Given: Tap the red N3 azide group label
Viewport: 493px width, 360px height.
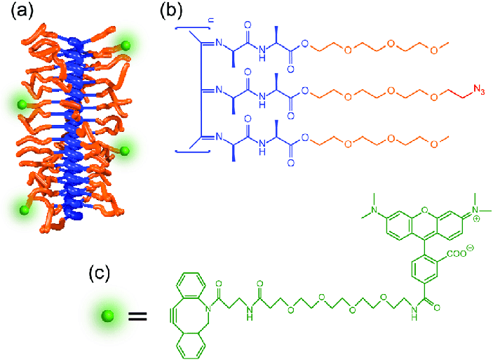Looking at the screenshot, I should pos(479,89).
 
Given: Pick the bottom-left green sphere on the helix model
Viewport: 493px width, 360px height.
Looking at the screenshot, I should pos(25,209).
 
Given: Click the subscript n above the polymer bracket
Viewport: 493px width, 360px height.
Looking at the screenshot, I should pos(191,9).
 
